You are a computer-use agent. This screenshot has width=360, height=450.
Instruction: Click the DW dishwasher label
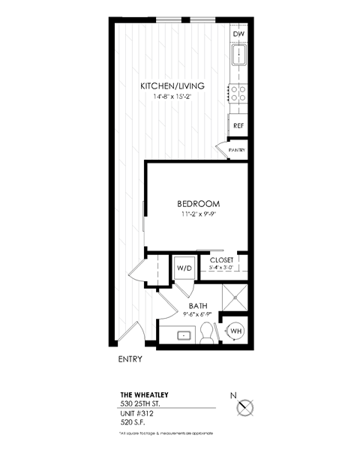click(x=238, y=35)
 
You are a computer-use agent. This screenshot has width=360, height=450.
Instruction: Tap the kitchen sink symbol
click(x=238, y=55)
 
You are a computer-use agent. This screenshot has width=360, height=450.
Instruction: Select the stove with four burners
click(x=238, y=93)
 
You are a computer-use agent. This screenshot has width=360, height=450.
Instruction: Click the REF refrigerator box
click(x=238, y=125)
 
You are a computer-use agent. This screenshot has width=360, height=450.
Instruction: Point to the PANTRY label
click(x=237, y=151)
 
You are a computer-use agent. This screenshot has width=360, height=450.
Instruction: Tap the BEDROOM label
click(x=198, y=204)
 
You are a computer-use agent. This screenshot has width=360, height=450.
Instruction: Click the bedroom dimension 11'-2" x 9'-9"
click(x=198, y=215)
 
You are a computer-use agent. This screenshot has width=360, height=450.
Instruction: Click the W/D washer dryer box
click(x=184, y=268)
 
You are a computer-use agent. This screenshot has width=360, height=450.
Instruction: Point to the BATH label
click(x=198, y=305)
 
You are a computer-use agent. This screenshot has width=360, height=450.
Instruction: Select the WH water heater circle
click(x=235, y=331)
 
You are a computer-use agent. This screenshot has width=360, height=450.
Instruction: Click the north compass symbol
click(x=244, y=407)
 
